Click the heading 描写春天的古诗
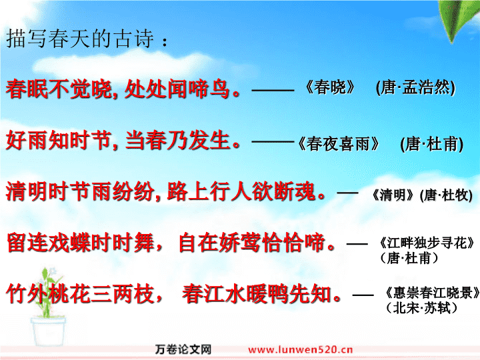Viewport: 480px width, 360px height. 80,39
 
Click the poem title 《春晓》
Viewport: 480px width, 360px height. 331,87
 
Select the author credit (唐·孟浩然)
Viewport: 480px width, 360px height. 415,87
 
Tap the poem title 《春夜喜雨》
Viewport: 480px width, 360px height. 339,144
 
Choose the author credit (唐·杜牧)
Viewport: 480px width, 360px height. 446,195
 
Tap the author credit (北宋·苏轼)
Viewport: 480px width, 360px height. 422,307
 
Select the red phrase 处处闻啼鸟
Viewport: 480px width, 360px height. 177,89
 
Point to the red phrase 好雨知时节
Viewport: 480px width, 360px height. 58,141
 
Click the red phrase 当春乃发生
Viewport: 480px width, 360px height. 178,141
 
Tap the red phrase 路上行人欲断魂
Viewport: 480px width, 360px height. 241,191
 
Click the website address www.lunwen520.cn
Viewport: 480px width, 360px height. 300,349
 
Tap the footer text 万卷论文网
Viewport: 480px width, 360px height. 183,349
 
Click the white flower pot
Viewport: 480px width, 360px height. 48,331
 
